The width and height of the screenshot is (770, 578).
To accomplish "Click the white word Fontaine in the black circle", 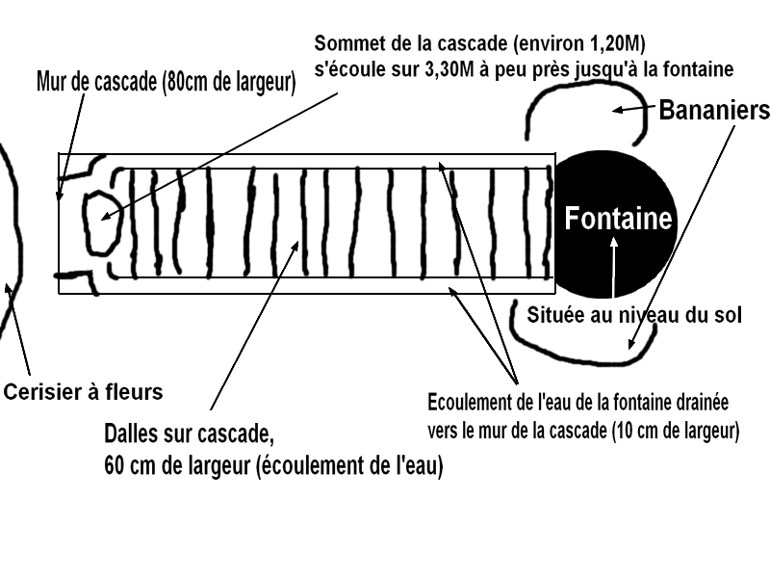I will click(618, 219).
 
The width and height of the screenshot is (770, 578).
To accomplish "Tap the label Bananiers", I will click(713, 110).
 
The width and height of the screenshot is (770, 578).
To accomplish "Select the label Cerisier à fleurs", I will click(84, 392).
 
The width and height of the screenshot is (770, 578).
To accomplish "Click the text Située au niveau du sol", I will click(634, 314).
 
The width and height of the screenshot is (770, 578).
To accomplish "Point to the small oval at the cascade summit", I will click(99, 219).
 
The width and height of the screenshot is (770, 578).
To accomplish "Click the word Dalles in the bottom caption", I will click(132, 430).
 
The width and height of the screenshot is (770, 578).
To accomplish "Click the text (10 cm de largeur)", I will click(675, 431).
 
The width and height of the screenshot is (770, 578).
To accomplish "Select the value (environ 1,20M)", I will click(577, 44).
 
